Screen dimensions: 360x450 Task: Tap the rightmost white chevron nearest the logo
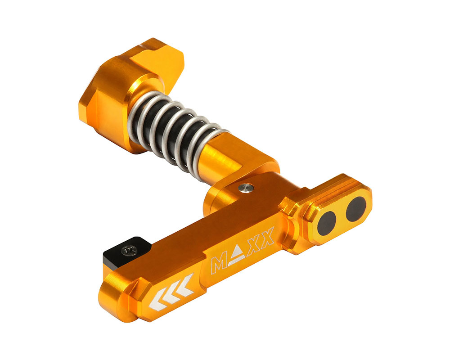[186, 285]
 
